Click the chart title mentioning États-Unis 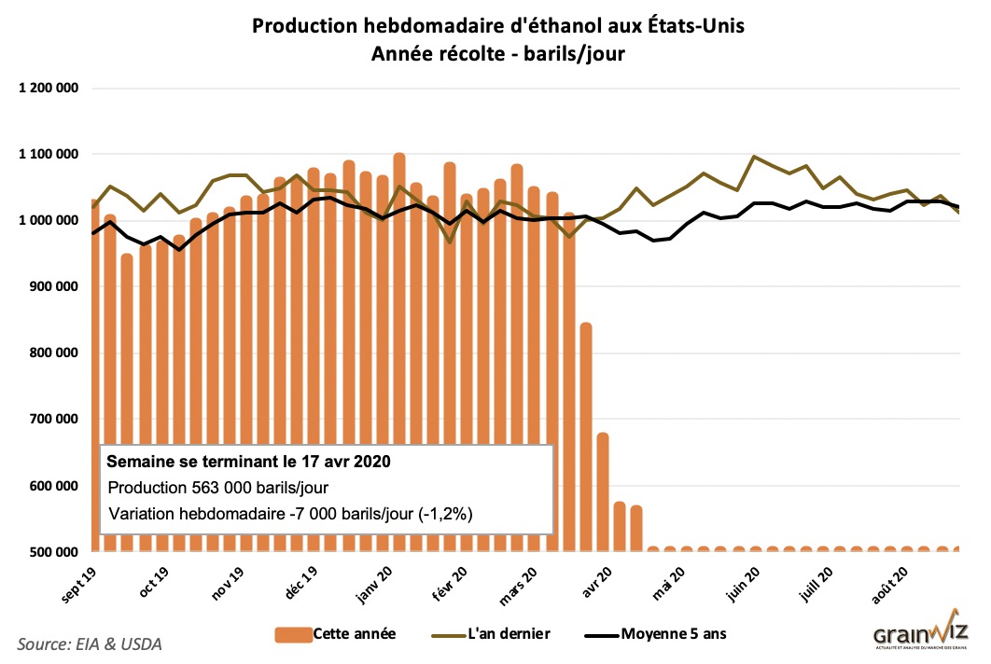(498, 26)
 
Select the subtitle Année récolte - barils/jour (498, 54)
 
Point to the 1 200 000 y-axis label (46, 89)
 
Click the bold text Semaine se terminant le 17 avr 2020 (248, 462)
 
